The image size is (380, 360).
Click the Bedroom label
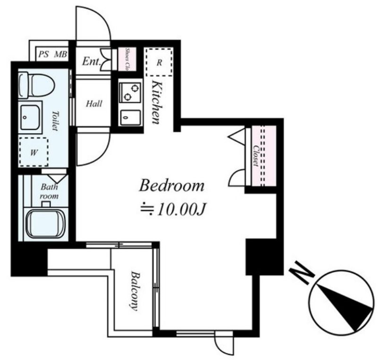click(x=171, y=186)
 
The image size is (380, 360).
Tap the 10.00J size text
click(x=182, y=209)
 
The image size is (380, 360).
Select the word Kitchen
click(x=156, y=102)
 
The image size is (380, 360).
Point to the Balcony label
click(x=135, y=291)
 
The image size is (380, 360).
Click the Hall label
click(x=94, y=104)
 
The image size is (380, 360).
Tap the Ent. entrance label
click(x=91, y=61)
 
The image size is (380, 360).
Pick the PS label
click(x=43, y=54)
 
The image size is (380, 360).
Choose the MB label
click(x=60, y=54)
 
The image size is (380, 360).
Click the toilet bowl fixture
click(x=36, y=85)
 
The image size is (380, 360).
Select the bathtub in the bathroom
click(x=45, y=224)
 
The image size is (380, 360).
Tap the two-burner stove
click(x=130, y=92)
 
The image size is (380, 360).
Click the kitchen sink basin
click(x=131, y=117)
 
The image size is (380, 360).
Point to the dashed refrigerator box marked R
click(x=159, y=62)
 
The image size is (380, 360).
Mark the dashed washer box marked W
click(x=34, y=152)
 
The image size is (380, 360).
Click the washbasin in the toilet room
click(x=30, y=117)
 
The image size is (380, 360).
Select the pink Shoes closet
click(x=127, y=59)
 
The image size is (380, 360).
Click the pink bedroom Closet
click(x=264, y=156)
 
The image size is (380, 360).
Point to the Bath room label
click(x=49, y=192)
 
